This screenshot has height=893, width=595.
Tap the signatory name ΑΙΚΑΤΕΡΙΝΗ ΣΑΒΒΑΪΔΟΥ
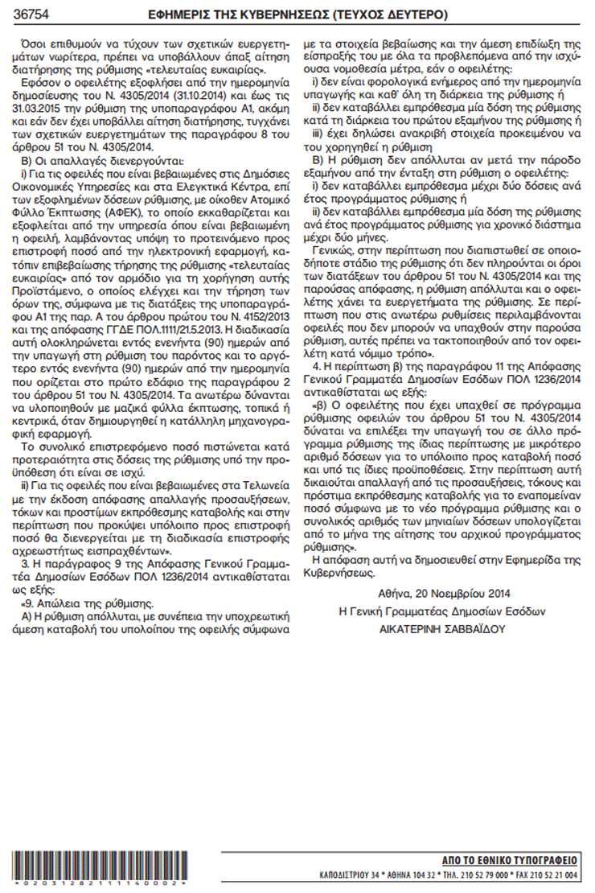[443, 628]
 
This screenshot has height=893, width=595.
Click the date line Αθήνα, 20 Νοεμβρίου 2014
[443, 596]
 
